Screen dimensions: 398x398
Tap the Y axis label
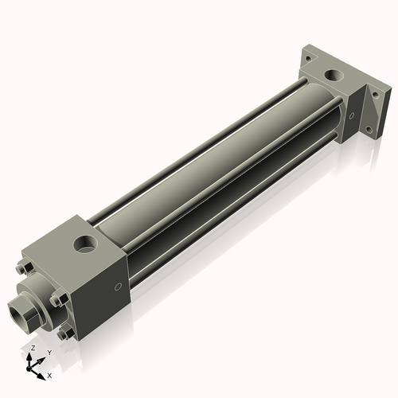(x=49, y=351)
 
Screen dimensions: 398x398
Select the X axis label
(x=49, y=374)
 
